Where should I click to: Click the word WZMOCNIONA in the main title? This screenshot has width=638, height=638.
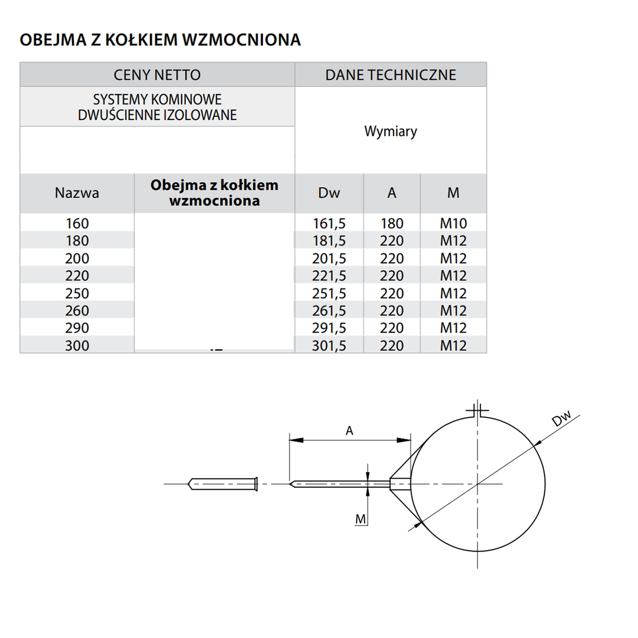(241, 40)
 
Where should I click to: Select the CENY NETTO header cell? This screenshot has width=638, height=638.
(157, 75)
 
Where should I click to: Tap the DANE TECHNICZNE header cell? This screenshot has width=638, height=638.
(391, 75)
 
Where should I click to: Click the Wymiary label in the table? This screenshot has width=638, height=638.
(391, 131)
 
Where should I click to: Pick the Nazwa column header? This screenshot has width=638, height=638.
(77, 193)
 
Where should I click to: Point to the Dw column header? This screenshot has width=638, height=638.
(329, 193)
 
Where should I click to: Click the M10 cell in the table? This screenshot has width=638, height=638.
(453, 224)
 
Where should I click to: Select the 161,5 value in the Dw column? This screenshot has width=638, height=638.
(329, 224)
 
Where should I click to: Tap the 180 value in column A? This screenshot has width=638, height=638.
(392, 224)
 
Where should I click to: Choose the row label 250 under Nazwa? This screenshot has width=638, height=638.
(77, 293)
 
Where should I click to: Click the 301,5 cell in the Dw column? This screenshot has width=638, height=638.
(329, 346)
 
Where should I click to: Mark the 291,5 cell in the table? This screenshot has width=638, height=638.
(329, 328)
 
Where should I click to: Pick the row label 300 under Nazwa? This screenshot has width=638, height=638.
(77, 346)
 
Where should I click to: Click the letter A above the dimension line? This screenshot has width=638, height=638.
(349, 431)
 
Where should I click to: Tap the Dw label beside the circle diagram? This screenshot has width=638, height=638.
(561, 419)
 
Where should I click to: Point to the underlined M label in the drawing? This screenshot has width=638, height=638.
(360, 519)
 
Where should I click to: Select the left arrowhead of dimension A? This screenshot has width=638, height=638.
(296, 440)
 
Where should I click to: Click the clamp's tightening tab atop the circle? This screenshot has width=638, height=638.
(477, 411)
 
